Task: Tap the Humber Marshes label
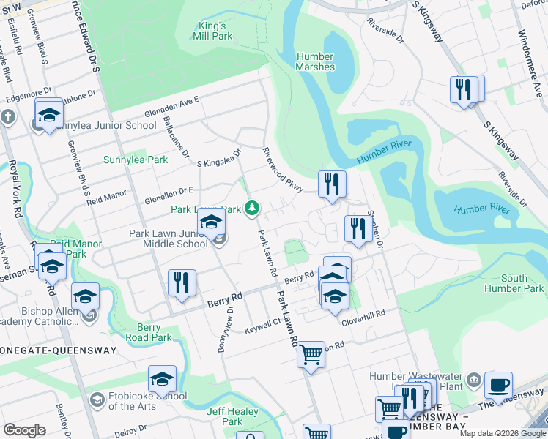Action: pos(316,62)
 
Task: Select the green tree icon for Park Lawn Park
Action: pos(252,209)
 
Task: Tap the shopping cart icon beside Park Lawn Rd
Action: pos(311,355)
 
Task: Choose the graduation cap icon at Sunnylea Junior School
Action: pos(49,115)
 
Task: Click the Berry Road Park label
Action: pos(154,333)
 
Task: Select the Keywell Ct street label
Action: pos(262,323)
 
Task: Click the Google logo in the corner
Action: pos(23,430)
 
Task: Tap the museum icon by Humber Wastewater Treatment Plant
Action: pos(473,379)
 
